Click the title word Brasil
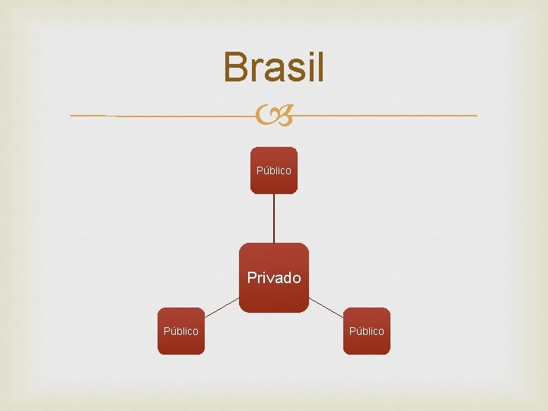(x=274, y=67)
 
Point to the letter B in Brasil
(x=235, y=67)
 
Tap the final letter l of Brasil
(x=320, y=67)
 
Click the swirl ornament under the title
(x=274, y=116)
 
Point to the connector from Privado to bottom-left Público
(x=221, y=306)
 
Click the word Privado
(x=274, y=278)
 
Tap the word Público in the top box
(x=274, y=171)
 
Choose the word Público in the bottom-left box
(x=181, y=331)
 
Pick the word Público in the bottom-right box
(x=367, y=331)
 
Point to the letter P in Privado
(x=252, y=278)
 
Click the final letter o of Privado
(x=296, y=279)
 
